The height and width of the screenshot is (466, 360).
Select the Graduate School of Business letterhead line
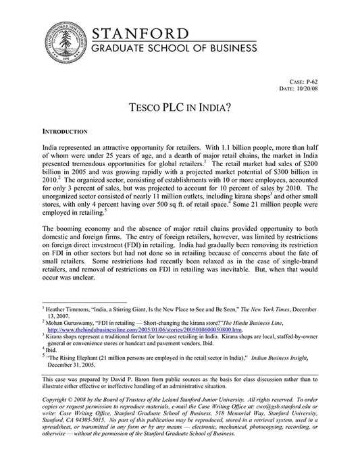point(174,49)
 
